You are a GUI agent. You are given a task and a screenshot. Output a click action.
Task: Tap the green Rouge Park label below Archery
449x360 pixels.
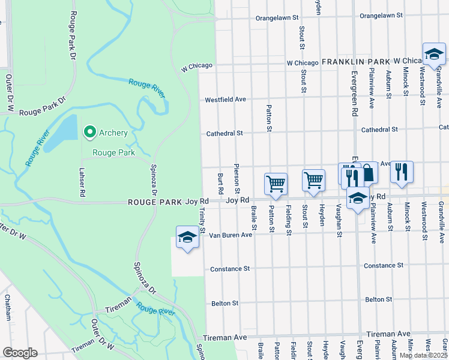tap(113, 152)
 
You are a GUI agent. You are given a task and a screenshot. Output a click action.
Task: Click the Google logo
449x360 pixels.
tap(19, 353)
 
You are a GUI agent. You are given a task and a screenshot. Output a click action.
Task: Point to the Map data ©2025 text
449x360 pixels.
tap(423, 355)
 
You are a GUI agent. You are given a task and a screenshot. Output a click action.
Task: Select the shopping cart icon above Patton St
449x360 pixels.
tap(276, 183)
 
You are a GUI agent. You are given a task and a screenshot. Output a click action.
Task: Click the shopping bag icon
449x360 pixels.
tap(367, 173)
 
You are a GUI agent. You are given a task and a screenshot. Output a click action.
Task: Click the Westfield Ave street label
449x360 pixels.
tap(226, 100)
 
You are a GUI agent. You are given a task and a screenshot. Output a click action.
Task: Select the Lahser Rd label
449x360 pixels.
tap(80, 184)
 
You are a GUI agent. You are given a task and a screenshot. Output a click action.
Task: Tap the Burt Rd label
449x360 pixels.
tap(221, 183)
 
